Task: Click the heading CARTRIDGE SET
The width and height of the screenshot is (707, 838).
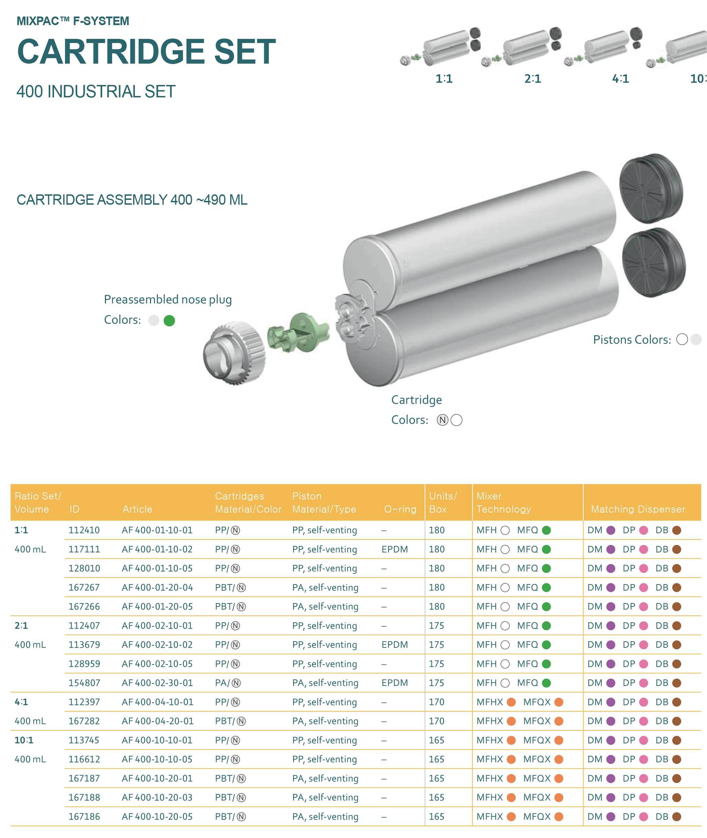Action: tap(146, 51)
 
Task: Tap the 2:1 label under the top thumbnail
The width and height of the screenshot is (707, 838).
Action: tap(533, 78)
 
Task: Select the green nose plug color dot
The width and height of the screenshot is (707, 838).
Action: tap(169, 321)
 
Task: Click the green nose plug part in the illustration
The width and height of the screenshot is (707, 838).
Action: tap(299, 333)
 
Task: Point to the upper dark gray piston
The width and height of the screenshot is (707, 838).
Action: tap(651, 189)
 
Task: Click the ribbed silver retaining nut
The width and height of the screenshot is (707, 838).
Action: tap(235, 353)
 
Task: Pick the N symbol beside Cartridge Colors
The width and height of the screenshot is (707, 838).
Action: tap(442, 420)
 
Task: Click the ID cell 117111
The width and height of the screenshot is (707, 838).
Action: tap(84, 549)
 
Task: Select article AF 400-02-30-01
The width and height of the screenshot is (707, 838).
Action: tap(157, 683)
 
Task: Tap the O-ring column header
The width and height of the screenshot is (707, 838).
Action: tap(400, 509)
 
